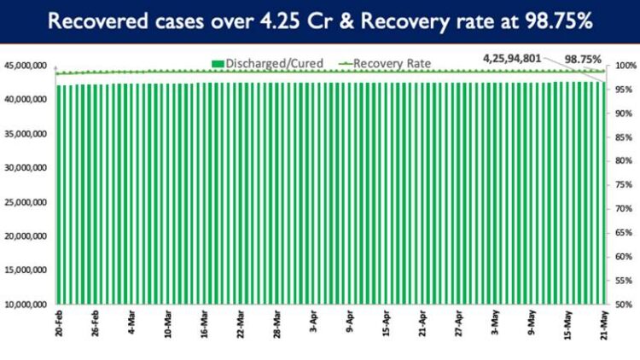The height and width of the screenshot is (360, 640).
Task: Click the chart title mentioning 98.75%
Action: coord(320,21)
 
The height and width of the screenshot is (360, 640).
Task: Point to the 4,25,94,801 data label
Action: coord(511,58)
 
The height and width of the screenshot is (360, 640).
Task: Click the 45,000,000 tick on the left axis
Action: coord(26,66)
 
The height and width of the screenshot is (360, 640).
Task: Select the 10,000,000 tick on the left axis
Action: coord(26,305)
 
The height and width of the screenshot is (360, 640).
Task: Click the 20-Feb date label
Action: coord(58,327)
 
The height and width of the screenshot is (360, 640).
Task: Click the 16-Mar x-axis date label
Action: coord(205,327)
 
